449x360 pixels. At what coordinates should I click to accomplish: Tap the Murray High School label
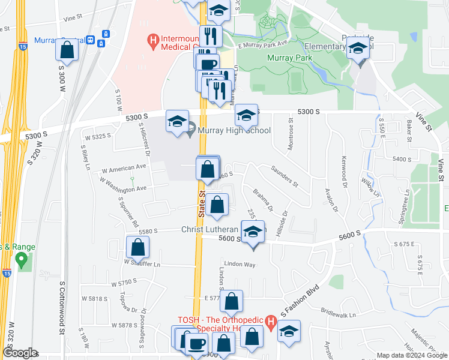coord(234,130)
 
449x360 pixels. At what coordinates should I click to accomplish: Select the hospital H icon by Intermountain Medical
coord(153,41)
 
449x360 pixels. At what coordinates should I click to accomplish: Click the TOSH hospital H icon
coord(270,325)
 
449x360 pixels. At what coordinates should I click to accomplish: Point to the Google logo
coord(20,353)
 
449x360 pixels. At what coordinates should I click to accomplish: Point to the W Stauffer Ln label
coord(143,262)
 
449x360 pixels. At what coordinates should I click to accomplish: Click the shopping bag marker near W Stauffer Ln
coord(137,247)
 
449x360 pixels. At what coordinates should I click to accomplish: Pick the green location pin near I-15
coord(22,260)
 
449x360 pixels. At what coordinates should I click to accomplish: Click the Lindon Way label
coord(240,264)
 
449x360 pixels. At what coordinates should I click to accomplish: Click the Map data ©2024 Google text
coord(412,355)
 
